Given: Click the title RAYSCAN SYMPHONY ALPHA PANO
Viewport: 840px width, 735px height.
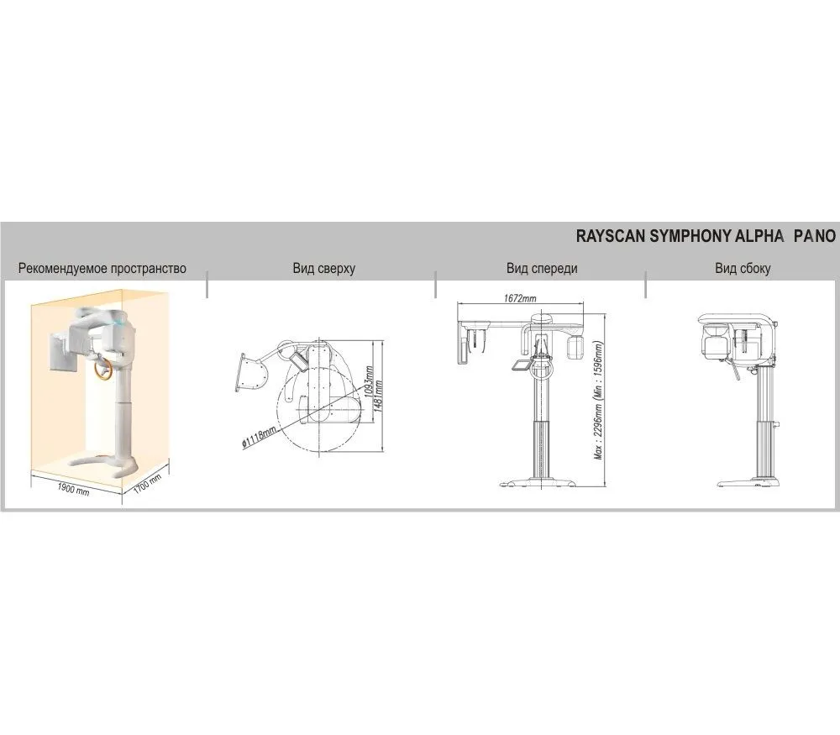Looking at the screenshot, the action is (705, 236).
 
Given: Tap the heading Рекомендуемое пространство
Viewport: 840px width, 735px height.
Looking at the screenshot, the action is (102, 269).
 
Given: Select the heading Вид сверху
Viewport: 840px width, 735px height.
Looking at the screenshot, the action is (324, 269).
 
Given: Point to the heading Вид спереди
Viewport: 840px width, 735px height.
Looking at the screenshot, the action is (542, 269).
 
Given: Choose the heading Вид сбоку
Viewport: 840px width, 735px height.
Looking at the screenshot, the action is (743, 269).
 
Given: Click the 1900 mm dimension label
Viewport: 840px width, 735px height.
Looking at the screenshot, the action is (73, 489).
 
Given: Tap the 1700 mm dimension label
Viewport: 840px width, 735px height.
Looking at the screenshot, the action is (147, 485).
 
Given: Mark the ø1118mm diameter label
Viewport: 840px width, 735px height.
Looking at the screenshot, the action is (260, 437).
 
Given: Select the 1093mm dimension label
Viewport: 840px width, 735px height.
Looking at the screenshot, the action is (368, 381).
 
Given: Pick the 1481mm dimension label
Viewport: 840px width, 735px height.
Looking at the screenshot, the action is (378, 396).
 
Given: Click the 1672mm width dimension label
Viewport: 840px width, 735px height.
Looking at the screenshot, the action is (520, 298).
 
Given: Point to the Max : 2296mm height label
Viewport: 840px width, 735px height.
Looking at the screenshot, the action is (600, 400).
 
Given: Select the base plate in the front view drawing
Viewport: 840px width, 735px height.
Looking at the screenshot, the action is (539, 483).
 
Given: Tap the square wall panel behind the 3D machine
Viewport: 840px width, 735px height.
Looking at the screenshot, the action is (63, 351).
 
